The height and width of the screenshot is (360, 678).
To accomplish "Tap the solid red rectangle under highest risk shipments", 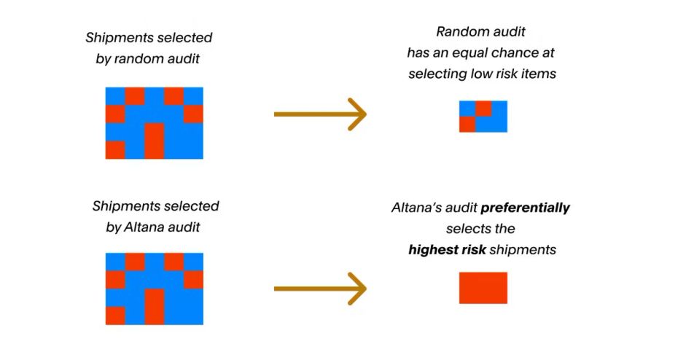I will click(x=483, y=288).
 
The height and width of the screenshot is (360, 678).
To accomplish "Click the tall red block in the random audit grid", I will click(x=154, y=141).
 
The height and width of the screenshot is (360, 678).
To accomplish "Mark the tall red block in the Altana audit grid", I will click(x=154, y=307).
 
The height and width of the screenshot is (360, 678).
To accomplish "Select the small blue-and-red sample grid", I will click(x=483, y=117).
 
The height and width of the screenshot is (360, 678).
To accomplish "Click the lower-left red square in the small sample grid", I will click(x=467, y=125).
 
